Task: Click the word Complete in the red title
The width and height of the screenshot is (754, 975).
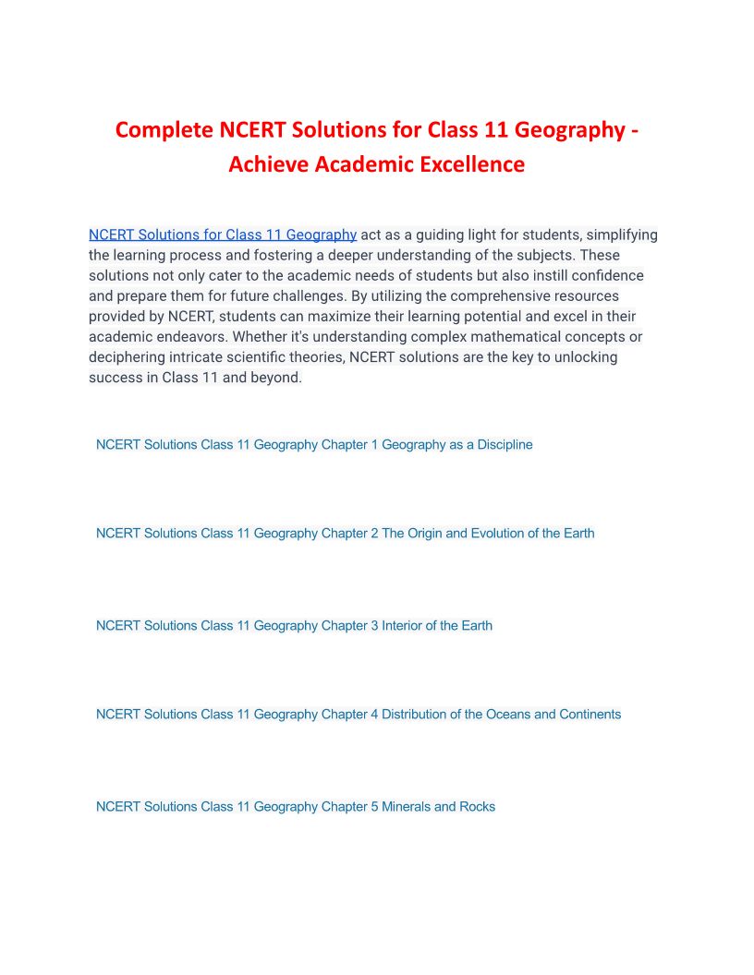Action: (x=164, y=130)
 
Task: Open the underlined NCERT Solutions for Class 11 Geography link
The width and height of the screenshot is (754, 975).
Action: (x=223, y=235)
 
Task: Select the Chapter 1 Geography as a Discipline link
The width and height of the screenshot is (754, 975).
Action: (x=314, y=445)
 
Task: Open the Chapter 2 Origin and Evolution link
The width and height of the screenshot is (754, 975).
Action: (x=345, y=534)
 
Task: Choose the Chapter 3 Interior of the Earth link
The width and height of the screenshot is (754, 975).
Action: (x=294, y=626)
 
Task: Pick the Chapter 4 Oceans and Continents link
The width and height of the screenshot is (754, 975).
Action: (x=359, y=715)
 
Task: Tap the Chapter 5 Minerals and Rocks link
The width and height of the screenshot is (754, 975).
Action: (x=296, y=807)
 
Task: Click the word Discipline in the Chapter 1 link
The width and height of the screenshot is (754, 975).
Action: (x=505, y=445)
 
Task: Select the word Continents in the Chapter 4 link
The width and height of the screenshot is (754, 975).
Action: (x=590, y=715)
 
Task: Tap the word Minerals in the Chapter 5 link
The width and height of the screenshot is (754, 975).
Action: (x=406, y=807)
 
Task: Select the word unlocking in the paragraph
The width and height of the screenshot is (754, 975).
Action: (x=586, y=357)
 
